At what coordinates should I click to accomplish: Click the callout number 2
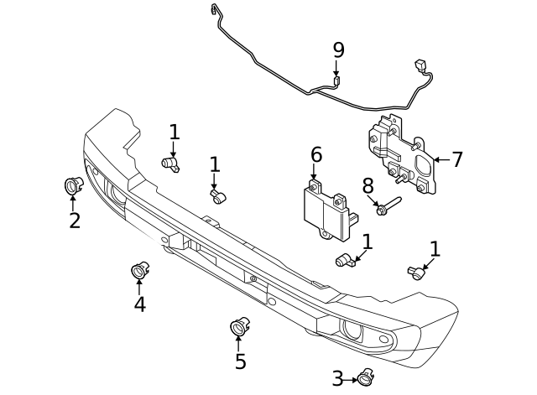pos(75,221)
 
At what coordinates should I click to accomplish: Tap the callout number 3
pos(337,378)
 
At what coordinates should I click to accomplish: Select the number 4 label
pos(139,304)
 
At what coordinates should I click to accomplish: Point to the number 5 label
pos(241,361)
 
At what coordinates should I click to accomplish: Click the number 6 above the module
pos(315,155)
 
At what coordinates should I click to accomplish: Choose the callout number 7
pos(457,159)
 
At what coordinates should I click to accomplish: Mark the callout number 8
pos(367,185)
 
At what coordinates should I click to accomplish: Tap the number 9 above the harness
pos(338,50)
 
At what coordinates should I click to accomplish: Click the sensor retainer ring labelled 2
pos(73,185)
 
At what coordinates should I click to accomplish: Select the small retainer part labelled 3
pos(366,378)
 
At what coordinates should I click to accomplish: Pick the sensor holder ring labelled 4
pos(139,270)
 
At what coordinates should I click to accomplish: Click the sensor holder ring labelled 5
pos(239,325)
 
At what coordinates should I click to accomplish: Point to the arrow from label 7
pos(441,159)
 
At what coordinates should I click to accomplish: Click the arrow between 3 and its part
pos(351,379)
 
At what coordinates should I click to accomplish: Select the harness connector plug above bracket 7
pos(420,66)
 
